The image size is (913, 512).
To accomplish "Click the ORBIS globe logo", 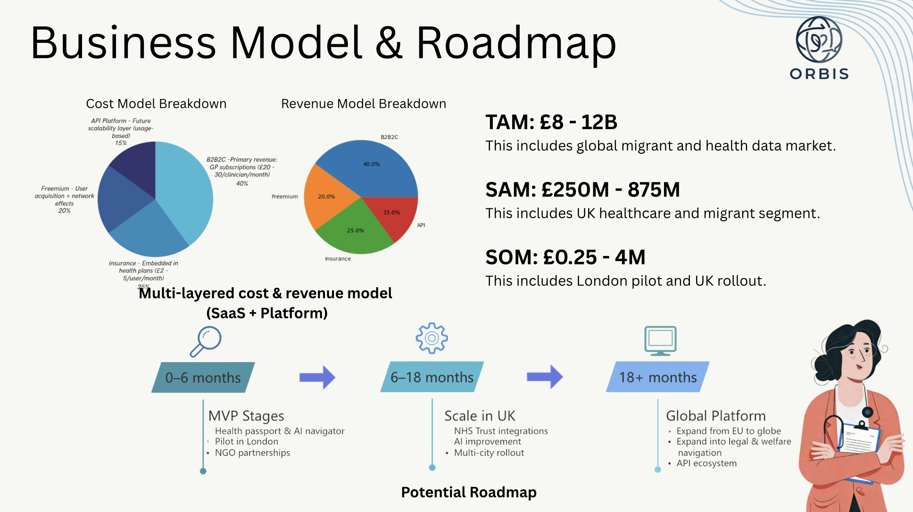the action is (819, 40).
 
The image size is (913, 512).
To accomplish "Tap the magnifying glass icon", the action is (206, 341).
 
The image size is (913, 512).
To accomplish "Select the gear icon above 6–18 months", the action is (432, 338).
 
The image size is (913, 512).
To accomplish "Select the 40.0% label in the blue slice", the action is (371, 164).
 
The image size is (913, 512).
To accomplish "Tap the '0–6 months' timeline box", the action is (203, 377).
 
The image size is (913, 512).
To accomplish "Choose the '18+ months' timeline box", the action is (658, 377).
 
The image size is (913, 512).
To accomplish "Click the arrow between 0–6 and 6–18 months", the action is (317, 377).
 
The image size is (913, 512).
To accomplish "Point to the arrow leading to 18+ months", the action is (545, 377).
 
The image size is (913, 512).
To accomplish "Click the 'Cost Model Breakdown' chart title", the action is (156, 104).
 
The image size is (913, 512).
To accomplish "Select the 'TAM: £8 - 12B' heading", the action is (551, 122).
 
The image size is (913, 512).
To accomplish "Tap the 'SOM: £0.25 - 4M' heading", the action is (565, 257).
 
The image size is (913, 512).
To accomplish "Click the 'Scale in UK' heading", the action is (480, 416).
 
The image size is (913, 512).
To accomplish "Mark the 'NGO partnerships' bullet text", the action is (252, 453).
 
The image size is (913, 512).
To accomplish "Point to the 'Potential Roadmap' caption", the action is (469, 492).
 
